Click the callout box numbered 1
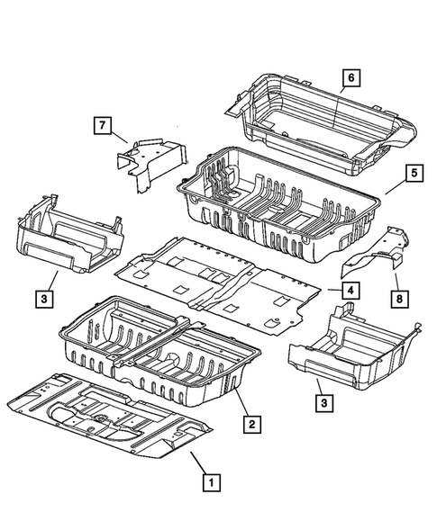coord(209,482)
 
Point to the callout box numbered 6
coord(351,78)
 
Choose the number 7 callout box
coord(103,123)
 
